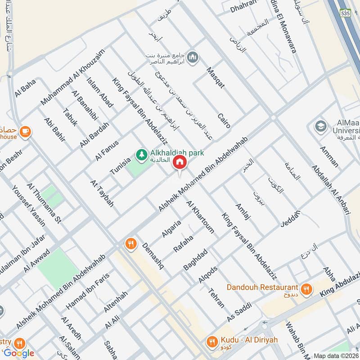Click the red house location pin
[x=180, y=162]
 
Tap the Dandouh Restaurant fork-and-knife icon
[x=306, y=289]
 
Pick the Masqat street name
[x=215, y=77]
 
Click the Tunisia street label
[x=120, y=166]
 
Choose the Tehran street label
[x=216, y=297]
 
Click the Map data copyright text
[x=336, y=355]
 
